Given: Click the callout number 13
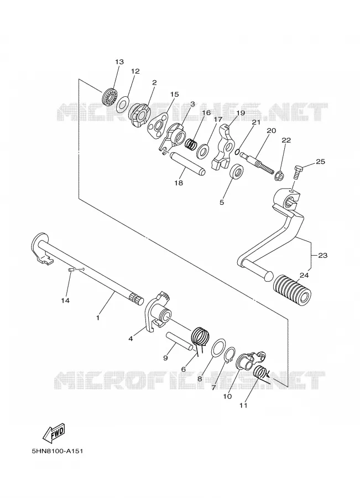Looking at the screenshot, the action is point(119,61).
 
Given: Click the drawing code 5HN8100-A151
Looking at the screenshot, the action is point(57,450).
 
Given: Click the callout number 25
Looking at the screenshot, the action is point(320,162).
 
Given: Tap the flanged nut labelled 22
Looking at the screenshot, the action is point(279,175).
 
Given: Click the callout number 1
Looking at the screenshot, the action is point(98,317).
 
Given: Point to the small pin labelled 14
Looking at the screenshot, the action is point(71,270).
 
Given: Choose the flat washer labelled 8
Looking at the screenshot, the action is point(218,349).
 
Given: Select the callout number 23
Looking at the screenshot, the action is point(322,255).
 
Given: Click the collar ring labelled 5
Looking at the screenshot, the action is point(237,172).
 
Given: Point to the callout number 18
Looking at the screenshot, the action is point(179,183).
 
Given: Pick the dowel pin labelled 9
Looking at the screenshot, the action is point(179,340).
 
